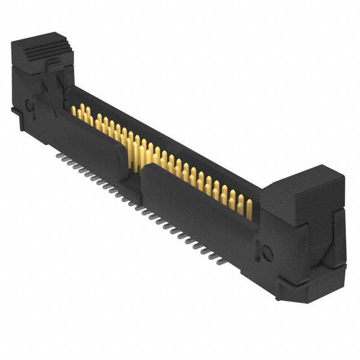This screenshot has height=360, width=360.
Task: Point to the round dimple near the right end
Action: click(267, 254)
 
